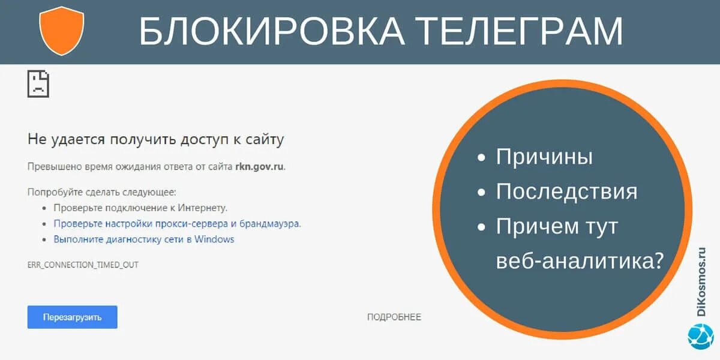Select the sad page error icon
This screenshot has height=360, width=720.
[x=38, y=83]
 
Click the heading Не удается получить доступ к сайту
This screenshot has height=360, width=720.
[x=155, y=140]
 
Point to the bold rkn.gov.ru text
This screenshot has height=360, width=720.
[x=259, y=166]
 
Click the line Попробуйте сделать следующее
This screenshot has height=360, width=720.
[x=102, y=192]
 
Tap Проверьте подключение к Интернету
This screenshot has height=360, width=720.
[x=140, y=208]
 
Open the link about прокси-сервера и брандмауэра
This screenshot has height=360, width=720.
[x=177, y=224]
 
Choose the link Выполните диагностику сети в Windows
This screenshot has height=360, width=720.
[x=144, y=239]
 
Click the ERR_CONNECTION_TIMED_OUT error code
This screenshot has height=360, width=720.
[x=83, y=265]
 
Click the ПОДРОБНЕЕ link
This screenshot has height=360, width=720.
[x=394, y=317]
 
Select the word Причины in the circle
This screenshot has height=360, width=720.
[x=544, y=157]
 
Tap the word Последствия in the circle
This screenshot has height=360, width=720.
[x=566, y=192]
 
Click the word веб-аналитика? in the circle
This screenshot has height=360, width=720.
[x=580, y=261]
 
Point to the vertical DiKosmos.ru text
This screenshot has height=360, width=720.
[x=702, y=281]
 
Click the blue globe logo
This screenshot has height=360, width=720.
[x=700, y=336]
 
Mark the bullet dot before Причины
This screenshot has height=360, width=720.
[x=481, y=158]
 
